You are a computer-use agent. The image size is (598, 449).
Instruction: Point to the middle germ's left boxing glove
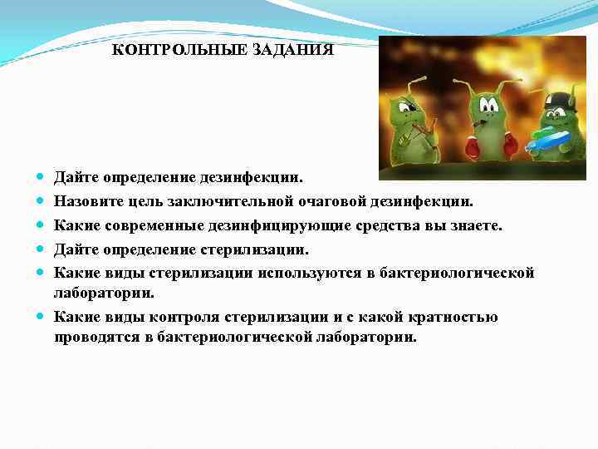pyautogui.click(x=472, y=147)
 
